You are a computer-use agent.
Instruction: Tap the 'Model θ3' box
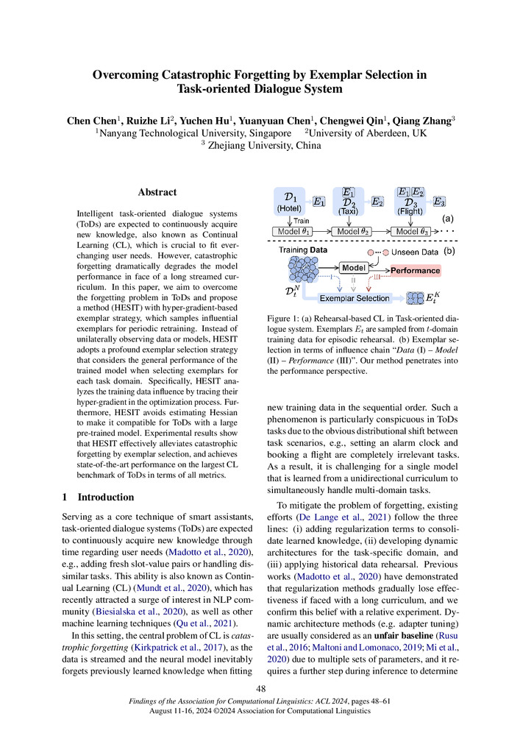click(413, 232)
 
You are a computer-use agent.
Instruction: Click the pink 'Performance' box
click(414, 271)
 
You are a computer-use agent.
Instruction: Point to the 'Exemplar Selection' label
click(355, 298)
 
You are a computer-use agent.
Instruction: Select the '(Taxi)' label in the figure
click(348, 210)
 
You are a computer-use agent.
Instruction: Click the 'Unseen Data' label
click(415, 251)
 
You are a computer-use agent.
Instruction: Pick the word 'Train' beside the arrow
click(302, 220)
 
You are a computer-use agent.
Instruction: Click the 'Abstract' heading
click(157, 192)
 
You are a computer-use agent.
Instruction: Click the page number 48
click(260, 689)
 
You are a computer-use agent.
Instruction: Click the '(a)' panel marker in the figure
click(446, 219)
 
